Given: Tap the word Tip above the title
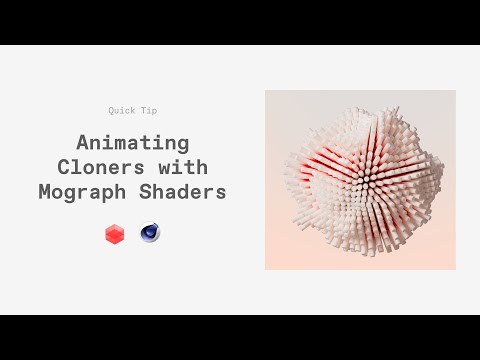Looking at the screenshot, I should point(149,110).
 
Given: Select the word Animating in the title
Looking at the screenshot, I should point(133,143).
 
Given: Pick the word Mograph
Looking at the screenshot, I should point(117,191).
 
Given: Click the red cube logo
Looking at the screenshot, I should point(114,235).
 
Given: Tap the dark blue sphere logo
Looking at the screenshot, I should point(151,234).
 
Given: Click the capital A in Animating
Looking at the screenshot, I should point(83,143).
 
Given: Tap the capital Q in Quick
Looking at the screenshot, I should point(112,110).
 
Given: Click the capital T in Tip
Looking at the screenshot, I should point(143,110).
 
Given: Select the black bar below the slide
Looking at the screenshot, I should point(240,337).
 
